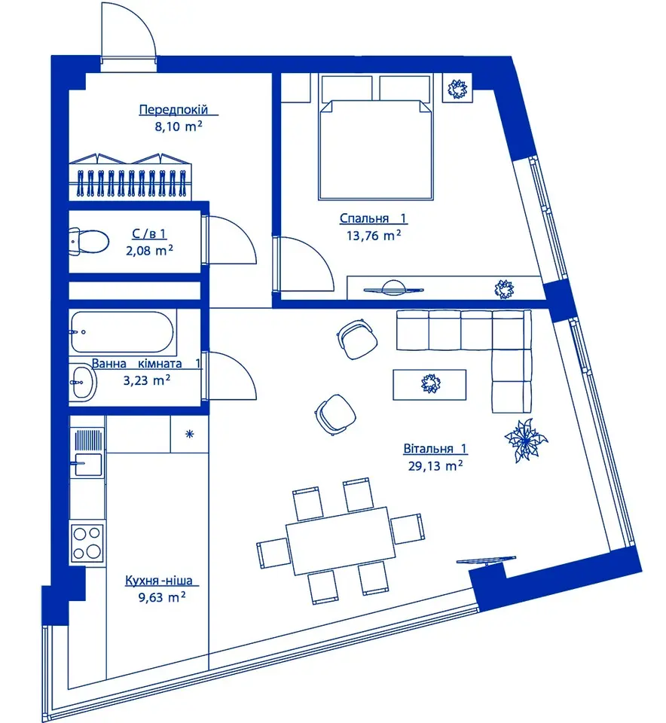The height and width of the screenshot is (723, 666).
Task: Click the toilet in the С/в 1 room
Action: (x=89, y=241)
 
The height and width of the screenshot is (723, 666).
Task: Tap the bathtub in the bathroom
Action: (x=122, y=332)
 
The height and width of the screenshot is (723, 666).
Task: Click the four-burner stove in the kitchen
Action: (x=87, y=543)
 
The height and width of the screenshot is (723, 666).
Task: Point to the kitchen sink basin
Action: (x=89, y=465)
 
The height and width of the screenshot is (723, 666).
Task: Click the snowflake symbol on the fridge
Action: (x=190, y=434)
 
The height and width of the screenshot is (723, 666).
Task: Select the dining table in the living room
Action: (x=341, y=541)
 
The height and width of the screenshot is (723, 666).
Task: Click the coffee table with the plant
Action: (x=429, y=384)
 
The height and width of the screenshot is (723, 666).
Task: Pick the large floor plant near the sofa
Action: (x=526, y=439)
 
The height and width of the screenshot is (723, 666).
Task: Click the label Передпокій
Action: (x=173, y=110)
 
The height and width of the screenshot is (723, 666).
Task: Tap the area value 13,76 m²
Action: (x=374, y=236)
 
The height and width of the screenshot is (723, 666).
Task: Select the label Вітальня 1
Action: (x=435, y=448)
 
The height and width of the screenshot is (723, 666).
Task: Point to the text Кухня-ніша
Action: (x=159, y=580)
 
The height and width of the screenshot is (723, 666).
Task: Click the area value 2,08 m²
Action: (x=149, y=251)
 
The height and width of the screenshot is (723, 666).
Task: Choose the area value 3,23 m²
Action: (x=147, y=380)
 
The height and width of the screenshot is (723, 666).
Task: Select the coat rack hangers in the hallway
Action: (x=132, y=184)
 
